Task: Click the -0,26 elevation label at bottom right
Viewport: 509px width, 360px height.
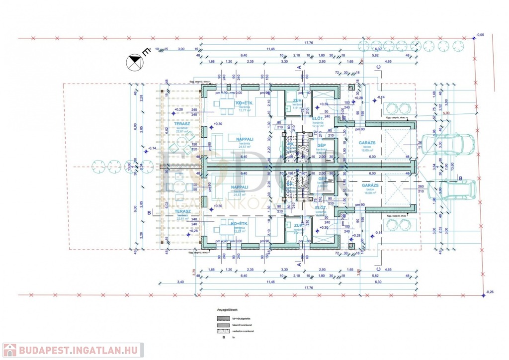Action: pos(490,292)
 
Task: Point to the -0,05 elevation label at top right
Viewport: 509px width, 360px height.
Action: pos(480,35)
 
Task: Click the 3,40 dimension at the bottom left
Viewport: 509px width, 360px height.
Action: pos(180,282)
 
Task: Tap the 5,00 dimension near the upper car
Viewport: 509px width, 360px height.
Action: pos(446,113)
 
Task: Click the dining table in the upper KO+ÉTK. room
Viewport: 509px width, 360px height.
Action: pos(227,104)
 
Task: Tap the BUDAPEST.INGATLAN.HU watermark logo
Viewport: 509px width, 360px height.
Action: pos(73,350)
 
